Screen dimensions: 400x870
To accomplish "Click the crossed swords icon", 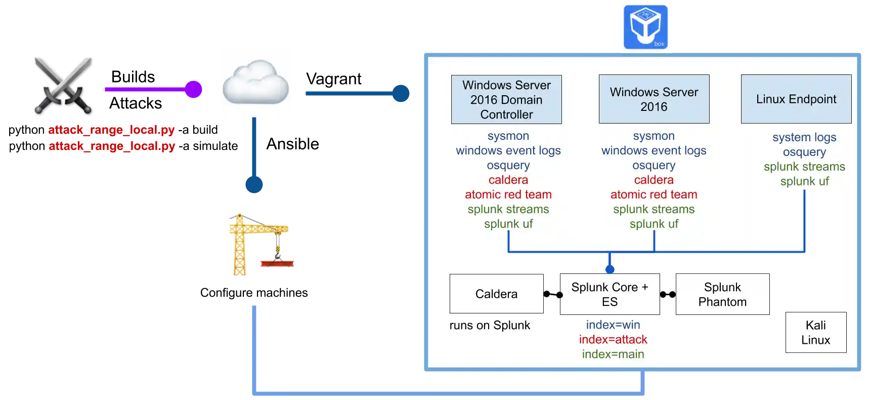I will pyautogui.click(x=63, y=83).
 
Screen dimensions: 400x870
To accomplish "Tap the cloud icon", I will pyautogui.click(x=255, y=81).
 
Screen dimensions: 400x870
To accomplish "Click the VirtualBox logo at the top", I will pyautogui.click(x=646, y=27).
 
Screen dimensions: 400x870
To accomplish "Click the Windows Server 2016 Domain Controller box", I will pyautogui.click(x=506, y=100).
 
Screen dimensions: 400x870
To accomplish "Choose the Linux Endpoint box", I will pyautogui.click(x=796, y=99).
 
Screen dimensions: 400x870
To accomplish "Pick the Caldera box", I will pyautogui.click(x=496, y=294).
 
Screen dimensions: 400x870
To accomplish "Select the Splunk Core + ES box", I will pyautogui.click(x=610, y=294).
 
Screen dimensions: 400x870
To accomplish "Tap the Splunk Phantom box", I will pyautogui.click(x=722, y=294).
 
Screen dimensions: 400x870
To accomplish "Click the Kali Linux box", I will pyautogui.click(x=815, y=332).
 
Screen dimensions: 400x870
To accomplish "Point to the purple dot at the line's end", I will pyautogui.click(x=193, y=89).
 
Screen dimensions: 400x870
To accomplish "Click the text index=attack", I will pyautogui.click(x=613, y=339).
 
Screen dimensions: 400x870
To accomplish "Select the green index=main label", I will pyautogui.click(x=613, y=354).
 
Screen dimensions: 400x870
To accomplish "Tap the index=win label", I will pyautogui.click(x=613, y=325).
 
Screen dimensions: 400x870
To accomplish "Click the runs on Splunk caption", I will pyautogui.click(x=490, y=325).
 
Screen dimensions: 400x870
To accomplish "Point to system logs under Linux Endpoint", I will pyautogui.click(x=804, y=137).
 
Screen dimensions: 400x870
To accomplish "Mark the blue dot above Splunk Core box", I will pyautogui.click(x=610, y=269).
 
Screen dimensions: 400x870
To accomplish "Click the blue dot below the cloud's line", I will pyautogui.click(x=253, y=184).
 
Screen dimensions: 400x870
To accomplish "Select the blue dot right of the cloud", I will pyautogui.click(x=401, y=93).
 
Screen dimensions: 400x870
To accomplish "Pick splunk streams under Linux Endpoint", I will pyautogui.click(x=804, y=167).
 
